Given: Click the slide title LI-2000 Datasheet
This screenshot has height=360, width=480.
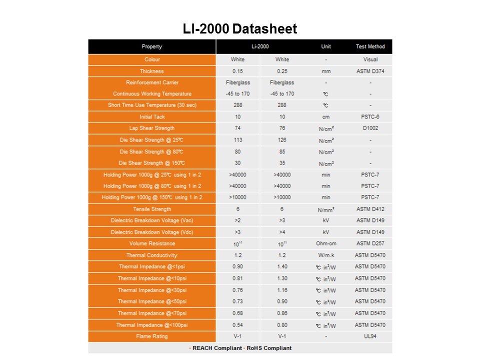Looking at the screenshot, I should point(240,29).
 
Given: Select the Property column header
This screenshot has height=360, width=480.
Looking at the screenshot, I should point(152,46).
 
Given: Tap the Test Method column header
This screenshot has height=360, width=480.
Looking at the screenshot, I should point(370,46).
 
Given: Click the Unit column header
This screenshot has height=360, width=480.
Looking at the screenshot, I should point(326,46).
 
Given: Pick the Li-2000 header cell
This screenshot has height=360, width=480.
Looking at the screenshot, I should point(260,46).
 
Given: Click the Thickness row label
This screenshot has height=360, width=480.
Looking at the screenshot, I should point(152,71).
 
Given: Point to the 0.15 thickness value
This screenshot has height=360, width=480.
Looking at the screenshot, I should point(237,71).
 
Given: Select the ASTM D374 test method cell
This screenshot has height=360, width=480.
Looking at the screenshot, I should point(370,71).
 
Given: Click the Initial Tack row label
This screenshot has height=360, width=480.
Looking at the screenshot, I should point(152,117).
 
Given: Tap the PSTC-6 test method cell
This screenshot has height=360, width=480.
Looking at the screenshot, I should point(370,117).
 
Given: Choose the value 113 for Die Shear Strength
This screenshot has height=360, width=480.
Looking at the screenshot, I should point(237,140).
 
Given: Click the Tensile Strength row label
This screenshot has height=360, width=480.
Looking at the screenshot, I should point(152,209).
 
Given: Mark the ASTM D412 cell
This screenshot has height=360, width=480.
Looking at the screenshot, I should point(370,209).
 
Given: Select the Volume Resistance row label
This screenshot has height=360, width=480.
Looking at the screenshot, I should point(152,243).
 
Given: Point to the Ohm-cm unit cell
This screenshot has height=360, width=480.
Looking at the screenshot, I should point(326,243).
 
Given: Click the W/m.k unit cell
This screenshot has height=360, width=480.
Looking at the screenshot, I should point(326,255).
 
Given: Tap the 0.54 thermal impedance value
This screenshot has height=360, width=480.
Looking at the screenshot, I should point(237,325).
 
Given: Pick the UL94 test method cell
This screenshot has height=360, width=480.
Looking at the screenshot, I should point(370,336).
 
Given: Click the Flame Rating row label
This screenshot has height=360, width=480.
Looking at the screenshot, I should point(152,336).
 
